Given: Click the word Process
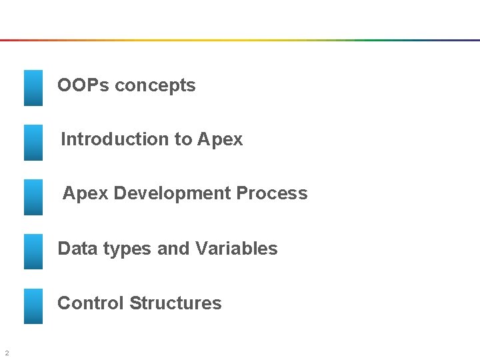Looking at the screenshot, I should pos(276,194).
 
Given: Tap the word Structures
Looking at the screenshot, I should pos(176,303).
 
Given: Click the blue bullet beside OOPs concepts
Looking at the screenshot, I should pos(33,88).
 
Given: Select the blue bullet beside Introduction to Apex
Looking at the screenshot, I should pos(33,142).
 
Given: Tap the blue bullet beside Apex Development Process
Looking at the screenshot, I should pos(33,197).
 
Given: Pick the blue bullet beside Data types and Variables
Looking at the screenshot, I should pos(33,251).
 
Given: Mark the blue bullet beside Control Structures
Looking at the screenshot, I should pos(33,306).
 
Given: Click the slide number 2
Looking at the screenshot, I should pos(6,353).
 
